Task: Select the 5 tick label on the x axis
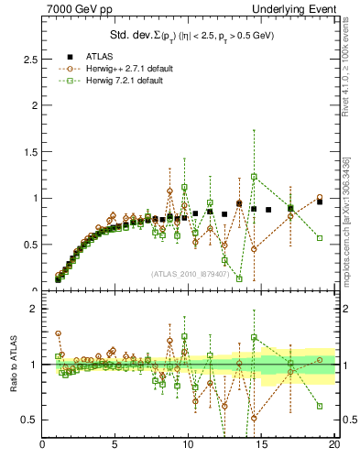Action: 115,445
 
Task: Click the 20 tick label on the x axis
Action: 334,445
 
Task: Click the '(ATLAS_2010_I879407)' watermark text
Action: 189,274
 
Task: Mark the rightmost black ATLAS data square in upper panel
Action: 320,202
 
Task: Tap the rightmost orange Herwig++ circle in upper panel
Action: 320,197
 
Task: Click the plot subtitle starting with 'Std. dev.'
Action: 187,36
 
